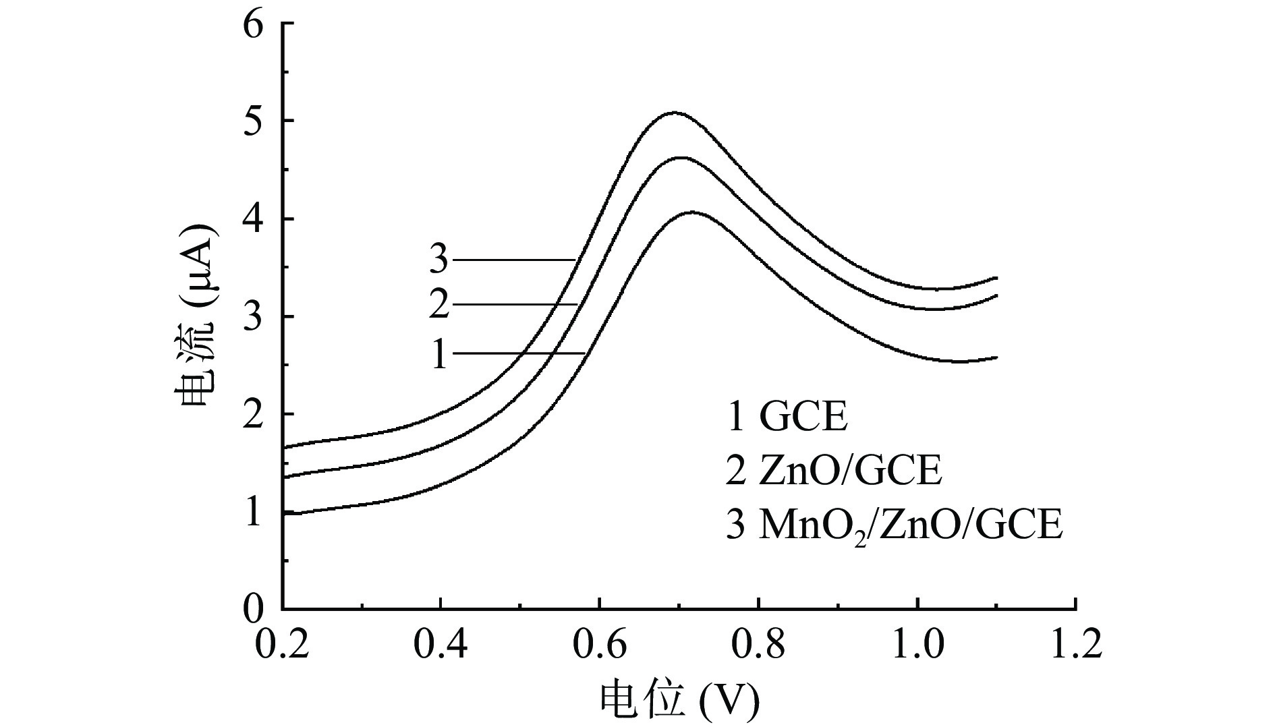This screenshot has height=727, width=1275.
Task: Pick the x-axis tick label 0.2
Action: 283,645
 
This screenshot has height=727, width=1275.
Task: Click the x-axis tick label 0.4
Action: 441,645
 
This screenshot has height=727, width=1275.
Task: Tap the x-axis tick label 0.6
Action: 600,645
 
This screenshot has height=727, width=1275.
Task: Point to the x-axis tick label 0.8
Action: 758,645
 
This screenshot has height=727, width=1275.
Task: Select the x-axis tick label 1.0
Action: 917,645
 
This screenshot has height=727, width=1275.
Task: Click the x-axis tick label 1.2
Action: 1075,645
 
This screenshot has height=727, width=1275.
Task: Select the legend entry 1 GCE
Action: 787,417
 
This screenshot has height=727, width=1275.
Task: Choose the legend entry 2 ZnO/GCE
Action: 833,471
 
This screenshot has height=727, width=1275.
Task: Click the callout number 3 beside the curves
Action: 439,259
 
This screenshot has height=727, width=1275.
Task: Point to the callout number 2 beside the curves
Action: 439,305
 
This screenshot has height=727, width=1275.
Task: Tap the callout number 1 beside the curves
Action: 439,355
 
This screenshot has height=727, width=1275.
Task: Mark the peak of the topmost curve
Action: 674,113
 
